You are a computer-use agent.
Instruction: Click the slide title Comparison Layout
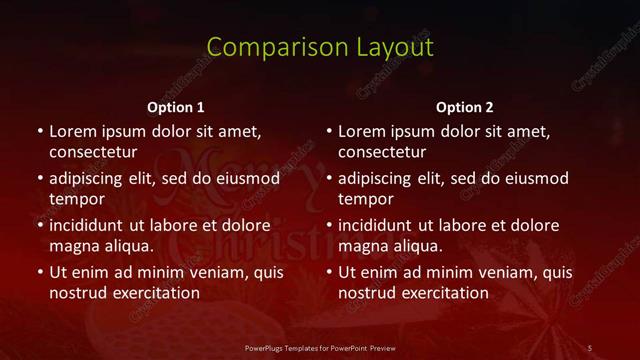click(x=320, y=47)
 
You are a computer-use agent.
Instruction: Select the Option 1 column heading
click(x=176, y=107)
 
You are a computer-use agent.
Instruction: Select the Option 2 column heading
click(x=465, y=107)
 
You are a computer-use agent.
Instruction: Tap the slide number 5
click(x=590, y=347)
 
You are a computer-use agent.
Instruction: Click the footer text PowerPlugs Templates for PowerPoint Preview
click(x=320, y=347)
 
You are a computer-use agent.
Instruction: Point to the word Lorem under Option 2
click(x=361, y=131)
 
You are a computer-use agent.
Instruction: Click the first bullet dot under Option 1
click(x=39, y=131)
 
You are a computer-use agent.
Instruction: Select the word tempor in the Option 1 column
click(x=77, y=199)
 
